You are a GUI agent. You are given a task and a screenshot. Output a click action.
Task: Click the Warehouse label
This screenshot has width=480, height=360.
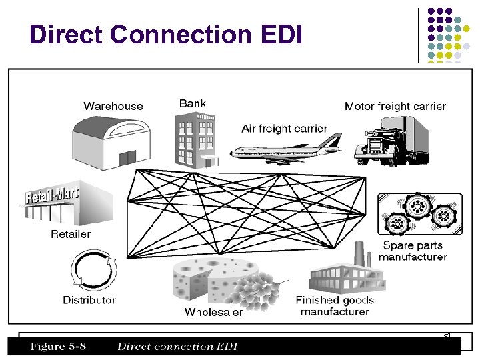point(113,106)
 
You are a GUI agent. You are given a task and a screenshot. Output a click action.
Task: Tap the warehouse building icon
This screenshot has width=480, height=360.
point(107,141)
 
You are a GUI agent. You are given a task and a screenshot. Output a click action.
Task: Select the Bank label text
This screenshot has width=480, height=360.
point(193,103)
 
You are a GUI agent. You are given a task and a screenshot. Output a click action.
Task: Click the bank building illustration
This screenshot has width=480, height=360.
point(195,139)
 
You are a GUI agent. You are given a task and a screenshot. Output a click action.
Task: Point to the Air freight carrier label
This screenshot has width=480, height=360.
point(284,128)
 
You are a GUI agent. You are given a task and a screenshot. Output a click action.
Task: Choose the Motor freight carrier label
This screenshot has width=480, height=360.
point(395,106)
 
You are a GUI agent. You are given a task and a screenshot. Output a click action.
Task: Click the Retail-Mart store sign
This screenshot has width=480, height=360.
point(52,196)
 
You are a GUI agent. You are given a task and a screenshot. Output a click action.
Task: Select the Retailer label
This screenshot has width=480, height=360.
point(71,234)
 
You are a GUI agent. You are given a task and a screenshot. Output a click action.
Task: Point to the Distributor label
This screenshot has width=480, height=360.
point(89,300)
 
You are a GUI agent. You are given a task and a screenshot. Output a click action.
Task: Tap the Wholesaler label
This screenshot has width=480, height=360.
point(213,311)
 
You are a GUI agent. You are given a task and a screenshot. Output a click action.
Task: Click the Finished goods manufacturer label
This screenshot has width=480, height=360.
point(335,306)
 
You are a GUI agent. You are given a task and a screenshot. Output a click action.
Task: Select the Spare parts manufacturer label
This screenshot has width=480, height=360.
point(413,251)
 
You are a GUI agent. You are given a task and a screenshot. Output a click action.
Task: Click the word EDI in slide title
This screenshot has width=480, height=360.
point(279,35)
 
